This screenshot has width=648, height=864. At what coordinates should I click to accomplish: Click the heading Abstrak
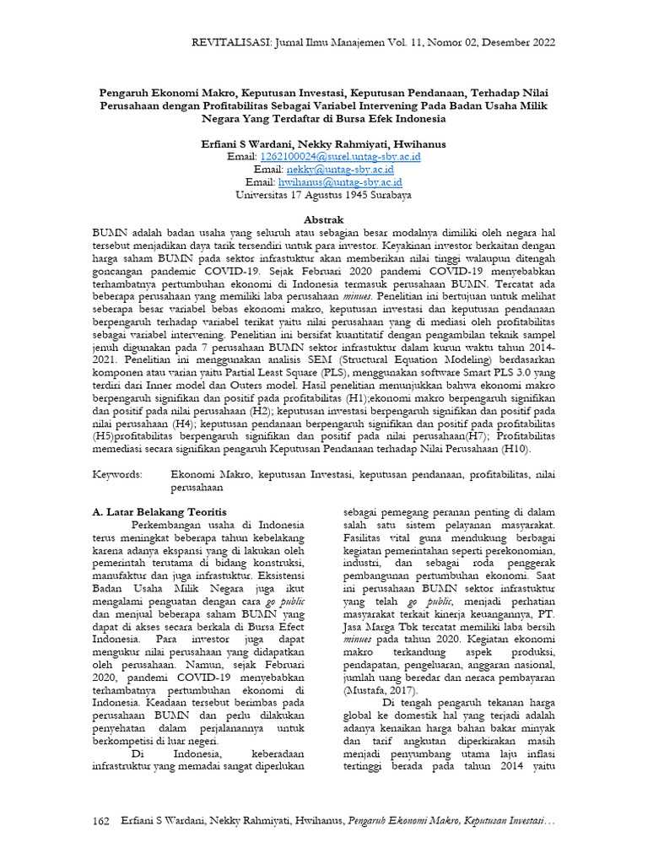coord(324,218)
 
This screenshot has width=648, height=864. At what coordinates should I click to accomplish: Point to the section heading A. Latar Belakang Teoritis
coord(159,512)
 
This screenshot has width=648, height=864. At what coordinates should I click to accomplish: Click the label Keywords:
coord(117,476)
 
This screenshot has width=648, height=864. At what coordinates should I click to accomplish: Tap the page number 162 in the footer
coord(101,821)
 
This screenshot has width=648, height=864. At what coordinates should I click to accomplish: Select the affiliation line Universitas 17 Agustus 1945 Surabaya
coord(324,194)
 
